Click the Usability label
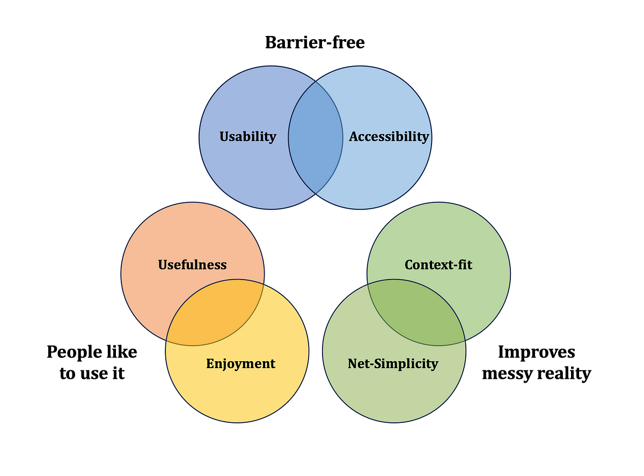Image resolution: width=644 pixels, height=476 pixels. [x=247, y=137]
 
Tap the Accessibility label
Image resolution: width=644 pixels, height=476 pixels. [x=389, y=137]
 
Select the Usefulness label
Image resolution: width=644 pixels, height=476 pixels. [x=192, y=265]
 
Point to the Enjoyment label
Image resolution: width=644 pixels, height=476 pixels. [x=240, y=364]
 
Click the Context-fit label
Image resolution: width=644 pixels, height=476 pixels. [x=438, y=265]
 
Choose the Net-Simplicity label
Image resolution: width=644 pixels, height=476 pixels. [x=393, y=364]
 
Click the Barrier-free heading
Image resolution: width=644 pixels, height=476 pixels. [x=315, y=42]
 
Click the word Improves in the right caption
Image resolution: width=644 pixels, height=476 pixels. [x=536, y=352]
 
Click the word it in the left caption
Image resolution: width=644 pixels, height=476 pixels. [x=119, y=373]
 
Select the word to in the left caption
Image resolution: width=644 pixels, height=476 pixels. [x=68, y=374]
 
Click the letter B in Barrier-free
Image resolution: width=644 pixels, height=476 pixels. [x=272, y=42]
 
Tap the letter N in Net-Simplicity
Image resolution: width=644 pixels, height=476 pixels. [x=352, y=364]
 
